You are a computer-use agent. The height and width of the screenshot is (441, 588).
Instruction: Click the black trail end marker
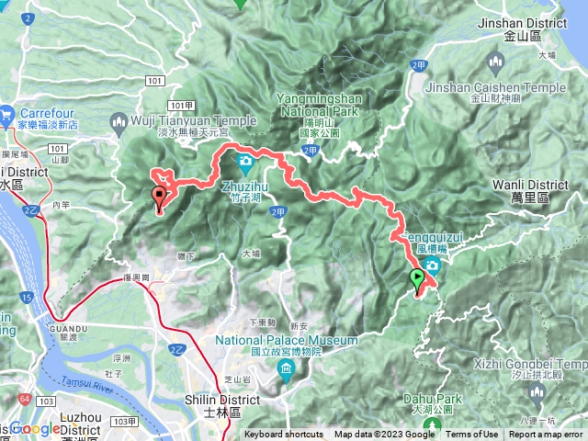(x=159, y=195)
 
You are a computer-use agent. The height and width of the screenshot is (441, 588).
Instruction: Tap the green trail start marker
(x=417, y=277)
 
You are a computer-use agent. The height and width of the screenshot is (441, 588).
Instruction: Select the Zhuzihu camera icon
(x=245, y=165)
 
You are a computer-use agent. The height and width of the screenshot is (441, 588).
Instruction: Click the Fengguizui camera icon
(x=432, y=266)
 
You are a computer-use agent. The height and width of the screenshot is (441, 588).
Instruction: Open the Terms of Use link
(x=472, y=435)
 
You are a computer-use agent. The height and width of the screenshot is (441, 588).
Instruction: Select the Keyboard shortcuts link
(x=284, y=435)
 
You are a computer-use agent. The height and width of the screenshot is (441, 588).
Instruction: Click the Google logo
(x=37, y=429)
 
